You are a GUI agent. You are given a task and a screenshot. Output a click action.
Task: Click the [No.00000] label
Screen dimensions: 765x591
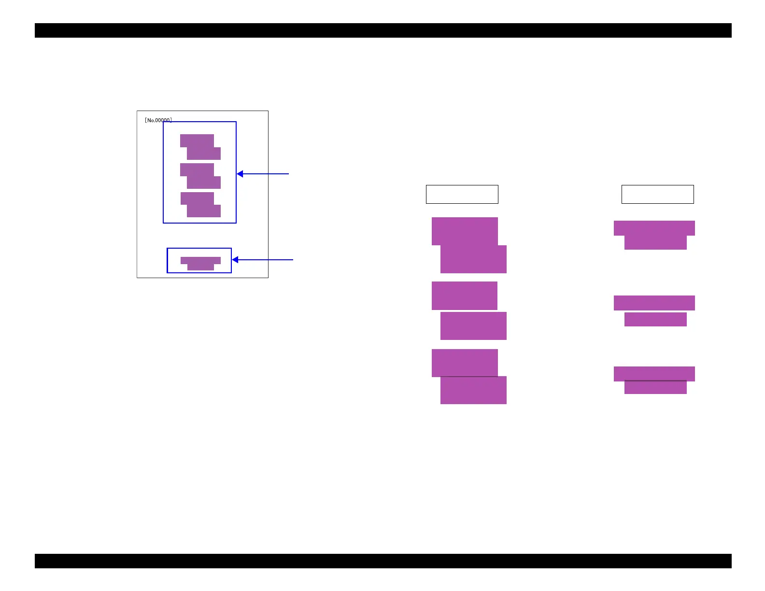click(x=158, y=120)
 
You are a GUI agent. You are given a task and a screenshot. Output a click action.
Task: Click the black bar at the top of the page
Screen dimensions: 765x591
click(x=382, y=30)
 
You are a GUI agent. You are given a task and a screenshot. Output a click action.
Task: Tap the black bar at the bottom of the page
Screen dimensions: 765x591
click(x=382, y=561)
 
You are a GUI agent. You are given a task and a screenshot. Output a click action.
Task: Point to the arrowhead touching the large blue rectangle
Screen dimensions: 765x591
click(x=240, y=174)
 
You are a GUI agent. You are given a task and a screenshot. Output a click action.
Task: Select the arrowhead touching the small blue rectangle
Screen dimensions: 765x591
click(x=235, y=260)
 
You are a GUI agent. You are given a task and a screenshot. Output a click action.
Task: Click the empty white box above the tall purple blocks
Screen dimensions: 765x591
click(x=462, y=194)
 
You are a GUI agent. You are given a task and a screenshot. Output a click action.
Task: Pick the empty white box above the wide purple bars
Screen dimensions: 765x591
click(x=657, y=194)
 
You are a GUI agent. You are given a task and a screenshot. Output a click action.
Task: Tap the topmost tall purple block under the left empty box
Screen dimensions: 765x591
click(x=465, y=231)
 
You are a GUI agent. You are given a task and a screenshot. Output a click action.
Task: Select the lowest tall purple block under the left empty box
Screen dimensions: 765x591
click(x=473, y=390)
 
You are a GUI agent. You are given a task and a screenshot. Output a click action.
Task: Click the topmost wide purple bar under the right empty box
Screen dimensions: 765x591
click(x=654, y=228)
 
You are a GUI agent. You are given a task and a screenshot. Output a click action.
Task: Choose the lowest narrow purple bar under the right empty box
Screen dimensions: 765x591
click(x=655, y=388)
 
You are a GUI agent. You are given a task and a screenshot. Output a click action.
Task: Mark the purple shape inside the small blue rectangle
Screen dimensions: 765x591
click(x=200, y=263)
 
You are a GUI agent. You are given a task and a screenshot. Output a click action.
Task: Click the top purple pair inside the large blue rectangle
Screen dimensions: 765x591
click(x=200, y=147)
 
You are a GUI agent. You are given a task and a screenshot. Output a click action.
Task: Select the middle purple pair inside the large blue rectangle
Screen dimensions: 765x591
click(x=200, y=176)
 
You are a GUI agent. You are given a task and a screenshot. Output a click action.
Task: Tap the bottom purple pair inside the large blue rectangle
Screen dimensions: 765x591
click(x=200, y=205)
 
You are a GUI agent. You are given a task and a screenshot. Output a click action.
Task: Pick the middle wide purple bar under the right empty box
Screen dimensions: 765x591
click(x=654, y=303)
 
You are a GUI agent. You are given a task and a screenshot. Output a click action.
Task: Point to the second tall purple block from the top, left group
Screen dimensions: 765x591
click(x=473, y=259)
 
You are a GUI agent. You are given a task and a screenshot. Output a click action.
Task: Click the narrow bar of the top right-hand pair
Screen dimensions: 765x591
click(x=655, y=242)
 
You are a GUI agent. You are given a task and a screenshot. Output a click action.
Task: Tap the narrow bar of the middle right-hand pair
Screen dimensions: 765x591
click(x=655, y=319)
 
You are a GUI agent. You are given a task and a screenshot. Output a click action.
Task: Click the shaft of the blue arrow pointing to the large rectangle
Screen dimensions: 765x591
click(x=266, y=174)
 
